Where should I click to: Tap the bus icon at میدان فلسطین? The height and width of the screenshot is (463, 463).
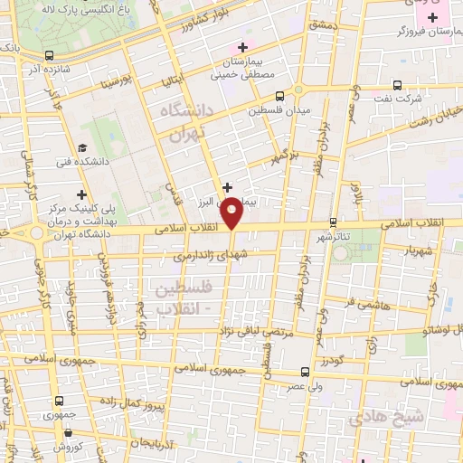pos(279,94)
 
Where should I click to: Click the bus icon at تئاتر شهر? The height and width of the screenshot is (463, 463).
pos(333,222)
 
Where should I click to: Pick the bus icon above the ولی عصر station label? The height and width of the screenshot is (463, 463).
pos(305,372)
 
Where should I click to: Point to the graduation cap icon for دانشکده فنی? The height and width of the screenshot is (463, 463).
pos(82,147)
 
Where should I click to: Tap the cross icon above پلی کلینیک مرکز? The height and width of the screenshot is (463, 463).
pos(82,194)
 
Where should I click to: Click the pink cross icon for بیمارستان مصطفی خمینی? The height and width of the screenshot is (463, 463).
pos(241,47)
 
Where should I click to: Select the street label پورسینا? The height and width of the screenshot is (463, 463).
pos(118,82)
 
